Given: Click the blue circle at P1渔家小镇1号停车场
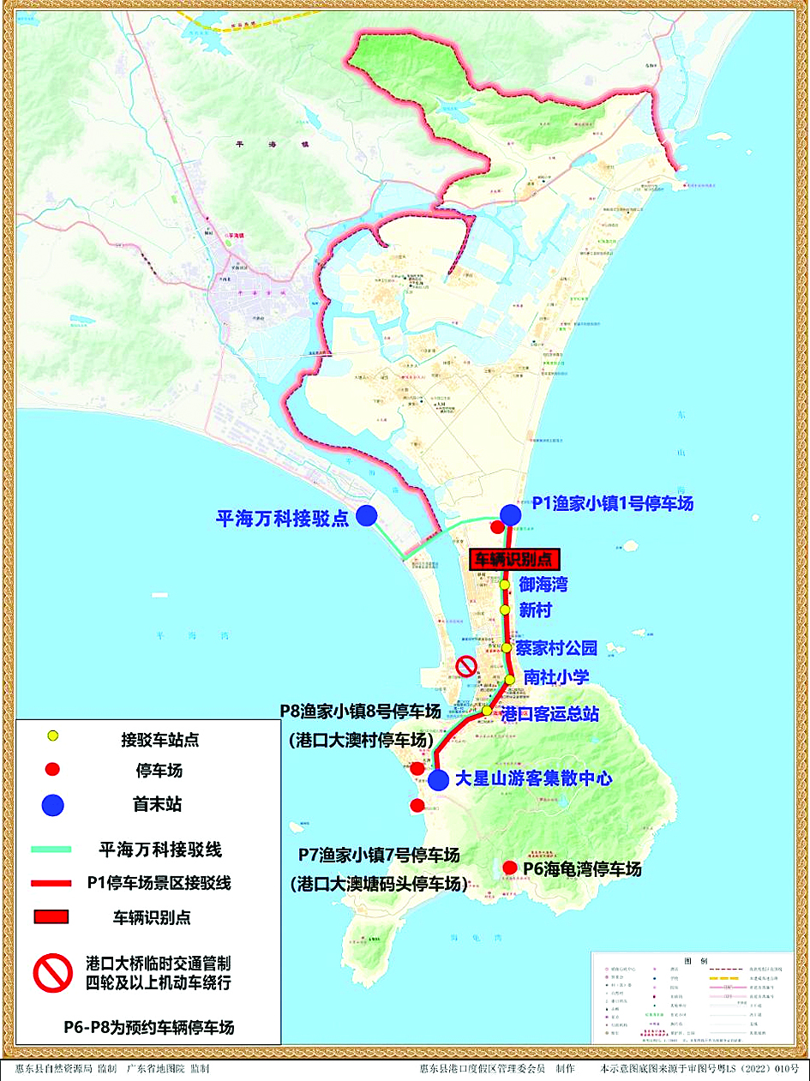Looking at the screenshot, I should click(x=511, y=513).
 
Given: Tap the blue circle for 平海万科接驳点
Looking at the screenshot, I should click(x=367, y=515).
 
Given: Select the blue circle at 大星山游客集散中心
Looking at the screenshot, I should click(x=438, y=780).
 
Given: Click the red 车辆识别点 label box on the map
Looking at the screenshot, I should click(x=514, y=560).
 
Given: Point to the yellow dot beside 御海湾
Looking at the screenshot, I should click(x=505, y=585).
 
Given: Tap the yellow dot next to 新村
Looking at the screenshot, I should click(x=504, y=610).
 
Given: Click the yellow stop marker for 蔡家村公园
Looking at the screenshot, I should click(x=507, y=647).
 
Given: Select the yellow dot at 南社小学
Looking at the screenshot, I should click(x=510, y=680).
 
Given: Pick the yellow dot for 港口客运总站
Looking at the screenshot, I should click(x=487, y=710).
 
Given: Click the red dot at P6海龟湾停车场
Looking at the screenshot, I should click(x=510, y=867).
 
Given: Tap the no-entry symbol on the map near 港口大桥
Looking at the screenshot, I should click(x=465, y=666).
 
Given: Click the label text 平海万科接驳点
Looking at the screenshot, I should click(x=282, y=518).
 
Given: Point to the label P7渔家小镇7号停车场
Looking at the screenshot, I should click(x=379, y=856).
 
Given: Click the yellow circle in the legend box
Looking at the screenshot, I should click(x=53, y=736).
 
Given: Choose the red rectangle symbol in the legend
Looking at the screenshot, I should click(x=51, y=917).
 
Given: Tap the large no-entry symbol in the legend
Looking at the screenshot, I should click(x=52, y=972).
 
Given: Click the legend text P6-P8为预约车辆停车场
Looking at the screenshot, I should click(x=148, y=1027).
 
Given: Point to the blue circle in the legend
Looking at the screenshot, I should click(x=53, y=805).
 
